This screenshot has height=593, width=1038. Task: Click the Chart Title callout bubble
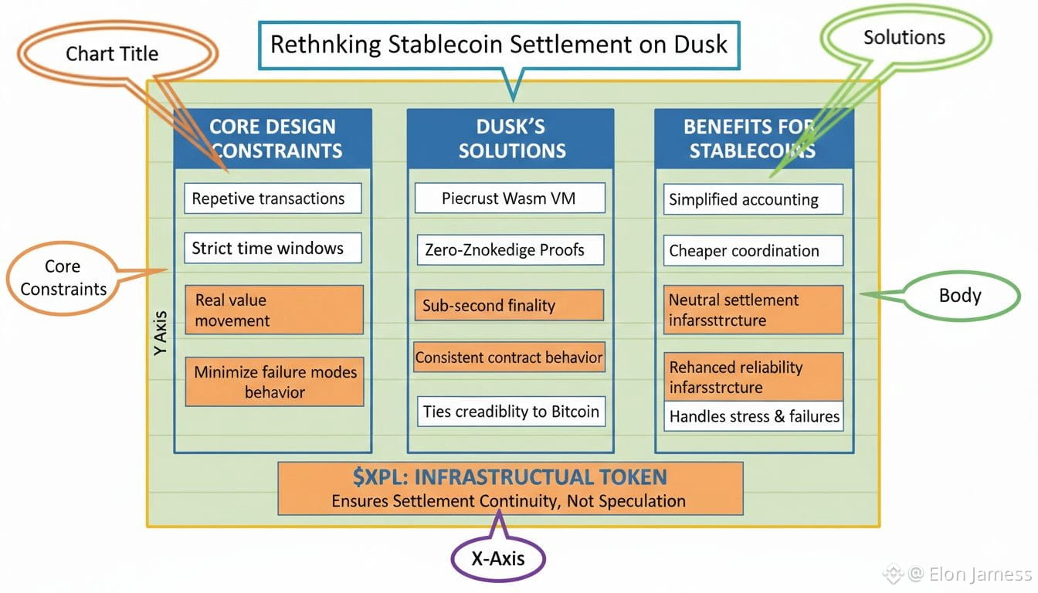click(x=111, y=54)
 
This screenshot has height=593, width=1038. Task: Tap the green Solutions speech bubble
click(x=904, y=38)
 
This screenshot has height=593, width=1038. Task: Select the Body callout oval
click(x=959, y=296)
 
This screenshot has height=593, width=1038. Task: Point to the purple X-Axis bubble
click(x=497, y=558)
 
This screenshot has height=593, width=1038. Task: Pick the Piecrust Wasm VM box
click(x=508, y=198)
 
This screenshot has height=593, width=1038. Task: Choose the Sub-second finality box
click(x=508, y=305)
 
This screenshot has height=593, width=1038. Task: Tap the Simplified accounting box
click(x=752, y=199)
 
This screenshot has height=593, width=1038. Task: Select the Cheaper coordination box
click(x=752, y=251)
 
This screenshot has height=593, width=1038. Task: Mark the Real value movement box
click(x=273, y=310)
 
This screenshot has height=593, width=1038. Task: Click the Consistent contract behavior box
click(x=508, y=357)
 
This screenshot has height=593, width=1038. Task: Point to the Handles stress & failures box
click(x=753, y=416)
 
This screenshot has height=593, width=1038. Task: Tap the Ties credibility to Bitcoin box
click(x=510, y=412)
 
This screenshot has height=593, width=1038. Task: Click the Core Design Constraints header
click(x=273, y=138)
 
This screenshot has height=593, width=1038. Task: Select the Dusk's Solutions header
click(x=511, y=138)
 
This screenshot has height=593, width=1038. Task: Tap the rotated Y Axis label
click(x=160, y=332)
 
